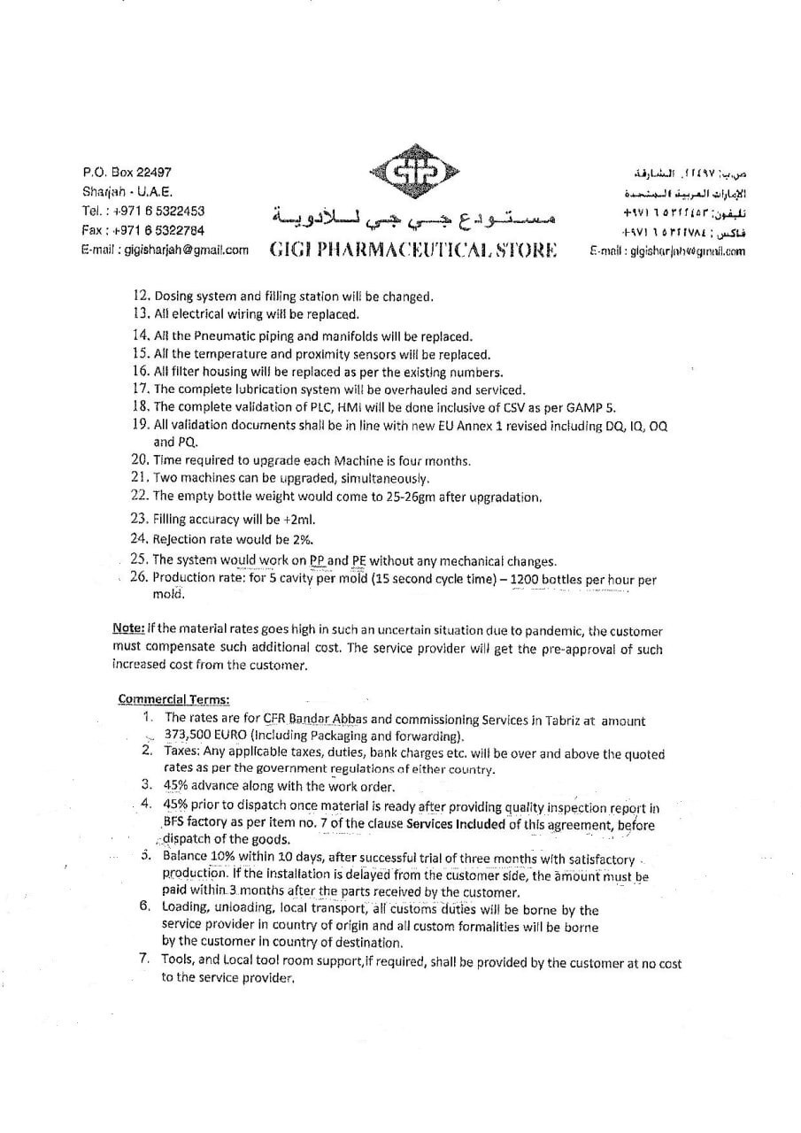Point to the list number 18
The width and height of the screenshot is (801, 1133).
[140, 407]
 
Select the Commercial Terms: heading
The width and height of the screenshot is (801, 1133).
[173, 699]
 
